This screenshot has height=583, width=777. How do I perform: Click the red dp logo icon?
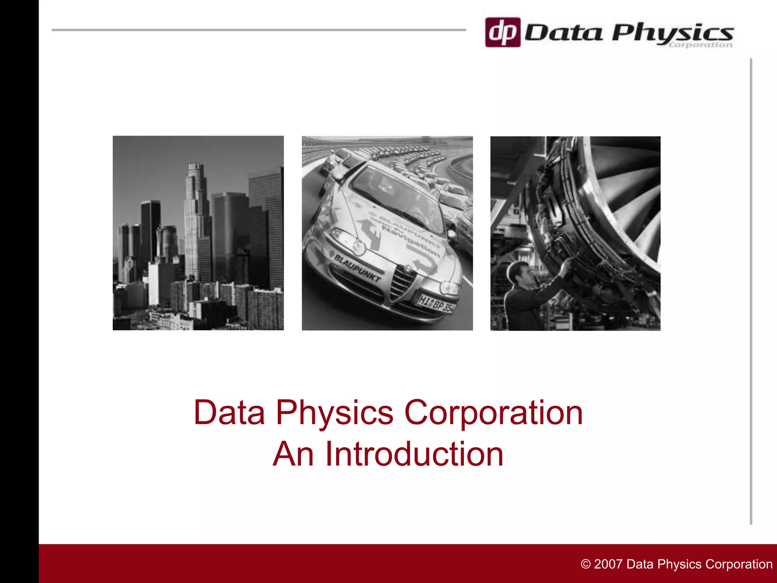[503, 32]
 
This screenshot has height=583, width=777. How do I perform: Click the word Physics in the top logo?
[672, 33]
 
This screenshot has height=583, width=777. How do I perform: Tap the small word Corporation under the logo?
[700, 45]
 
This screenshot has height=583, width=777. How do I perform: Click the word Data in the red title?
[229, 413]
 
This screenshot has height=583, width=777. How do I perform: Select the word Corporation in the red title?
[493, 413]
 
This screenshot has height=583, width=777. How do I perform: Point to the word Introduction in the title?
[414, 454]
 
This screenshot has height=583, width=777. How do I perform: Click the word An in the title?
[293, 454]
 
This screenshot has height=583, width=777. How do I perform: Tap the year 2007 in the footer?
[609, 564]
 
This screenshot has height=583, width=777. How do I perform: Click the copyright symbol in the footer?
[585, 564]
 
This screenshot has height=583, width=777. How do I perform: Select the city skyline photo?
[198, 233]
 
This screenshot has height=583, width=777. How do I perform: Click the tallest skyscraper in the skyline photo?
[197, 220]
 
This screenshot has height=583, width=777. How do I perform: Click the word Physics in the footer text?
[679, 564]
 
